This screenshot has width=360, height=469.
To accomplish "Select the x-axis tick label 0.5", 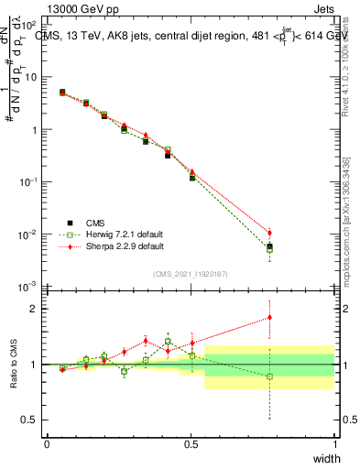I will [191, 444].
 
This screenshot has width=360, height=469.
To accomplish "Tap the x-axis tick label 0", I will [47, 444].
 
